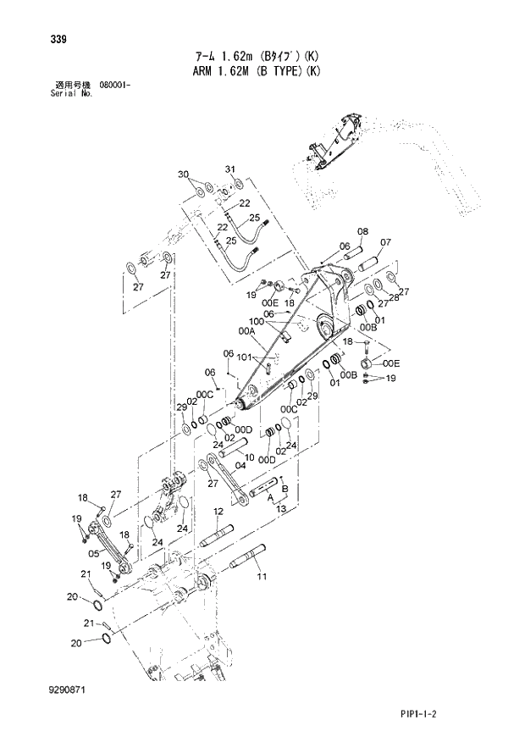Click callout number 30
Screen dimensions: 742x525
182,174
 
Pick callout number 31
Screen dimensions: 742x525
229,169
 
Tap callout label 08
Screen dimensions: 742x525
362,231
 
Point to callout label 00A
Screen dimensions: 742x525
247,331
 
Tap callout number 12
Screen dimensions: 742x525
218,511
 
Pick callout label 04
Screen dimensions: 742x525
240,464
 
